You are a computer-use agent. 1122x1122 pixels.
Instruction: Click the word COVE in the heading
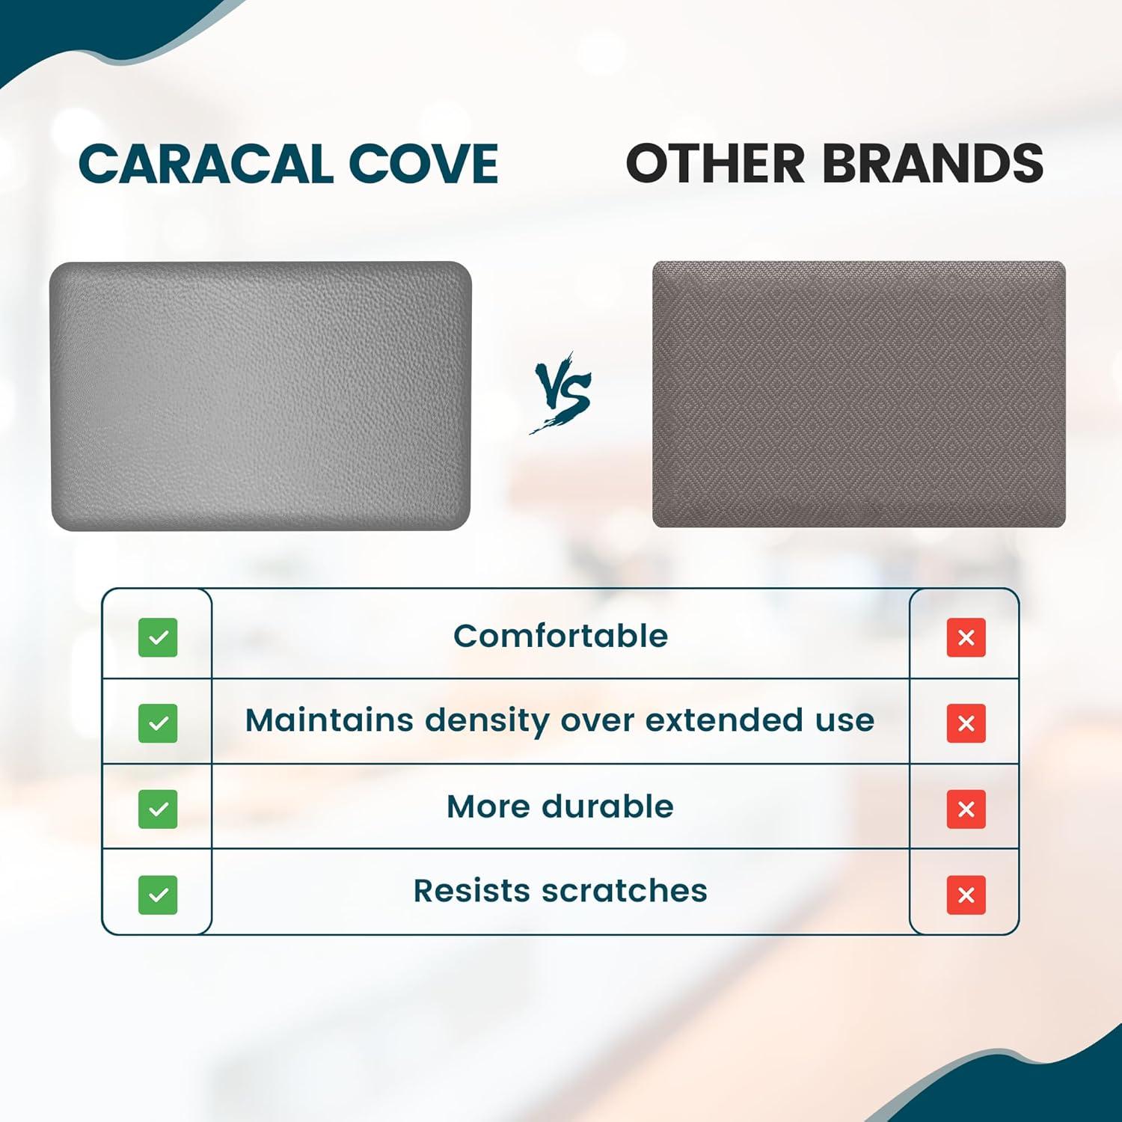pyautogui.click(x=423, y=164)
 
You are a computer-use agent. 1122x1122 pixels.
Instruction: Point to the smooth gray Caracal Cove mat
pyautogui.click(x=260, y=396)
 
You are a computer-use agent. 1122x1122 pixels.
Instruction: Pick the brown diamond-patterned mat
pyautogui.click(x=859, y=394)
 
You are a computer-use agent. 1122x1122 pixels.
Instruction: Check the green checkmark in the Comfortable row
pyautogui.click(x=158, y=637)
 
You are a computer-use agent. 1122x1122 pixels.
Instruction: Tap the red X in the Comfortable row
pyautogui.click(x=966, y=637)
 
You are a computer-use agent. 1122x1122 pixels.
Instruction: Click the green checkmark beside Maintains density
pyautogui.click(x=158, y=723)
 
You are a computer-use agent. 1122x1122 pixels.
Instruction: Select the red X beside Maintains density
pyautogui.click(x=966, y=723)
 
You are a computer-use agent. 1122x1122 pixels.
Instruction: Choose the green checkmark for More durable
pyautogui.click(x=158, y=809)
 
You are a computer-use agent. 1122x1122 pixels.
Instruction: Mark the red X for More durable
pyautogui.click(x=966, y=809)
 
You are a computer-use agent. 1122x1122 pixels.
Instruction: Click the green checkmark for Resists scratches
pyautogui.click(x=158, y=895)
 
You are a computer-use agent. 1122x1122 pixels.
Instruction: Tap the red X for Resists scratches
pyautogui.click(x=966, y=895)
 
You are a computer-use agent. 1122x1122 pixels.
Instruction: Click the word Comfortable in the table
pyautogui.click(x=560, y=637)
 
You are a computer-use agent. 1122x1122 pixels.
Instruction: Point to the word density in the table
pyautogui.click(x=487, y=721)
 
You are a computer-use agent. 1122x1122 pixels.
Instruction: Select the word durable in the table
pyautogui.click(x=607, y=806)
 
